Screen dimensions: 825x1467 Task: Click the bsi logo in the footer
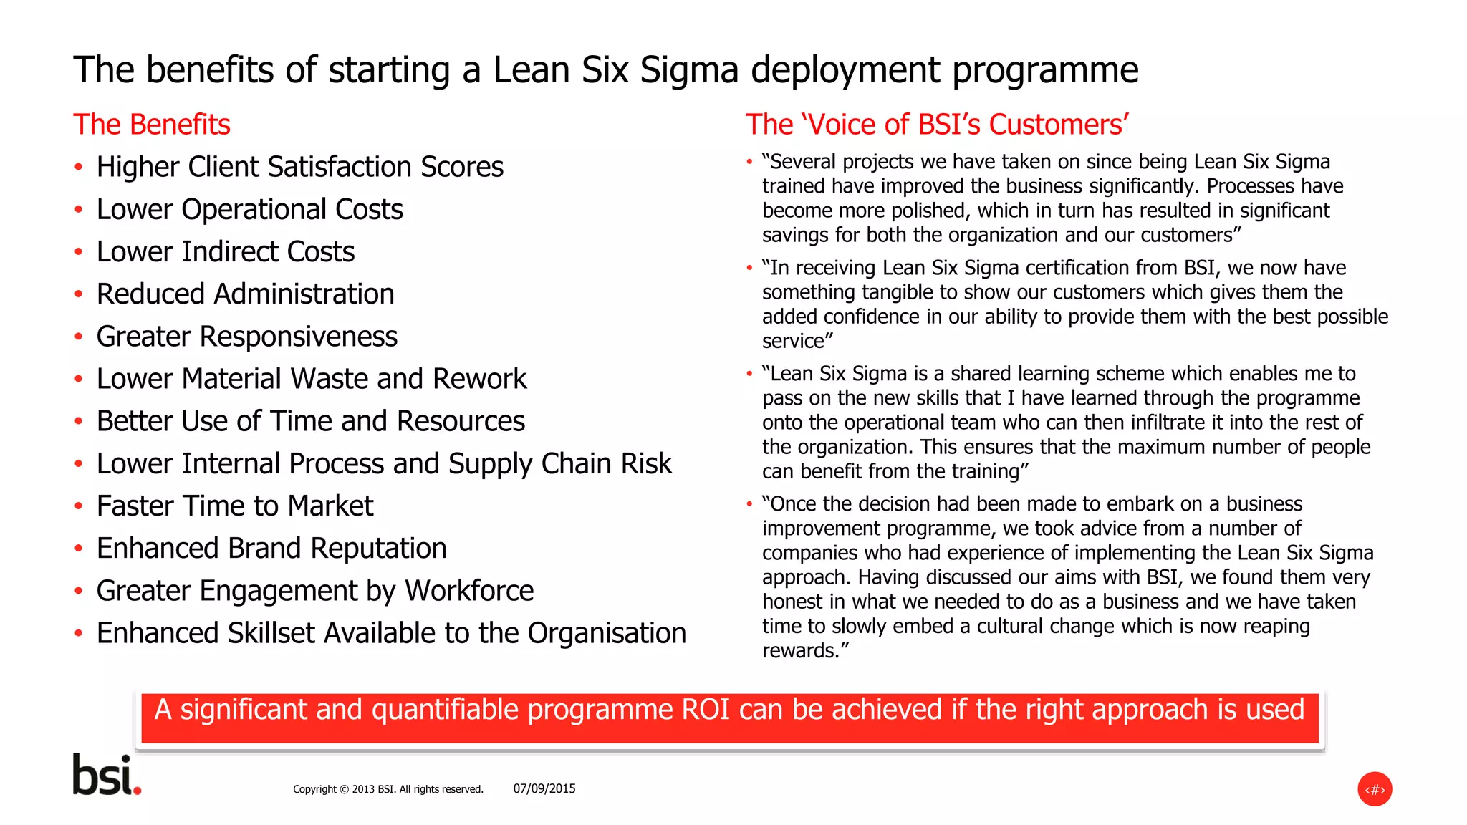click(x=107, y=775)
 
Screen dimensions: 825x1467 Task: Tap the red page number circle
click(x=1374, y=789)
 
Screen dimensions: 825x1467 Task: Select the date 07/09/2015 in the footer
click(x=544, y=788)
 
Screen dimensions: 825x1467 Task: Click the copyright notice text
click(x=388, y=789)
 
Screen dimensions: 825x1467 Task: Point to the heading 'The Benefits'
click(x=152, y=125)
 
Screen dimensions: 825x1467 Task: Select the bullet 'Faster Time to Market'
click(x=235, y=506)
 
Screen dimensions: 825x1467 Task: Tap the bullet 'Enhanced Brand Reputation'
click(x=271, y=549)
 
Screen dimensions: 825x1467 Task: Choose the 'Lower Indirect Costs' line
click(x=226, y=252)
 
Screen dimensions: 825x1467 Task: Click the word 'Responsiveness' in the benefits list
click(x=298, y=337)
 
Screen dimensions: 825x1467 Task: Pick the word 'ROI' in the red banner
click(x=706, y=710)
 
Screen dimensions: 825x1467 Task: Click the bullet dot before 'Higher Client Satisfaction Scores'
click(x=78, y=168)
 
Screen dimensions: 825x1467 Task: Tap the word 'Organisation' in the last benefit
click(x=607, y=633)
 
